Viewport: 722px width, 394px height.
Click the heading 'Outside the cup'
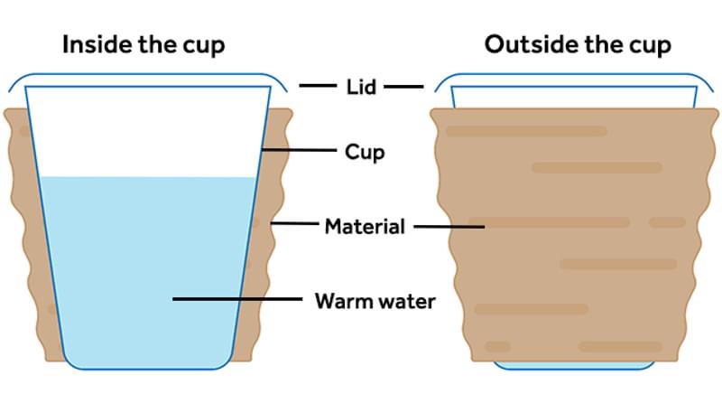pos(578,45)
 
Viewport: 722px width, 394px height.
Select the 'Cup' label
pos(365,152)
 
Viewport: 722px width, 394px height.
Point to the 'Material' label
pos(365,226)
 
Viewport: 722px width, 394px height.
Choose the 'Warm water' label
pos(375,300)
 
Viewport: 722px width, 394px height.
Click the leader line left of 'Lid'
pos(318,87)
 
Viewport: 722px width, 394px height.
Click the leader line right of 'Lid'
pos(402,87)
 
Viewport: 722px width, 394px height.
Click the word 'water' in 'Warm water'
pos(405,300)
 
